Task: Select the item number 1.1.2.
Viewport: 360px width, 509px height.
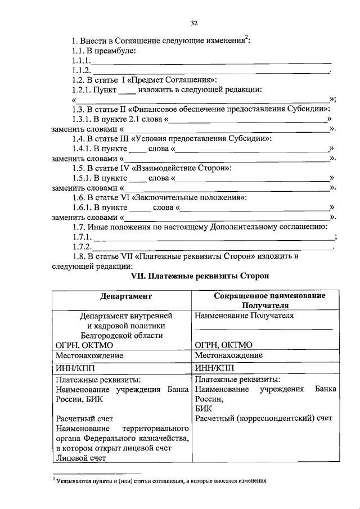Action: (81, 70)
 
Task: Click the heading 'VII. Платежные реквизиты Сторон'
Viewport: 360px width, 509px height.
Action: (196, 276)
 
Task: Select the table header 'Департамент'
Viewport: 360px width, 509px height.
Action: (121, 296)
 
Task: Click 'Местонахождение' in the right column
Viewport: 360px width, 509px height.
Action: (228, 355)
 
